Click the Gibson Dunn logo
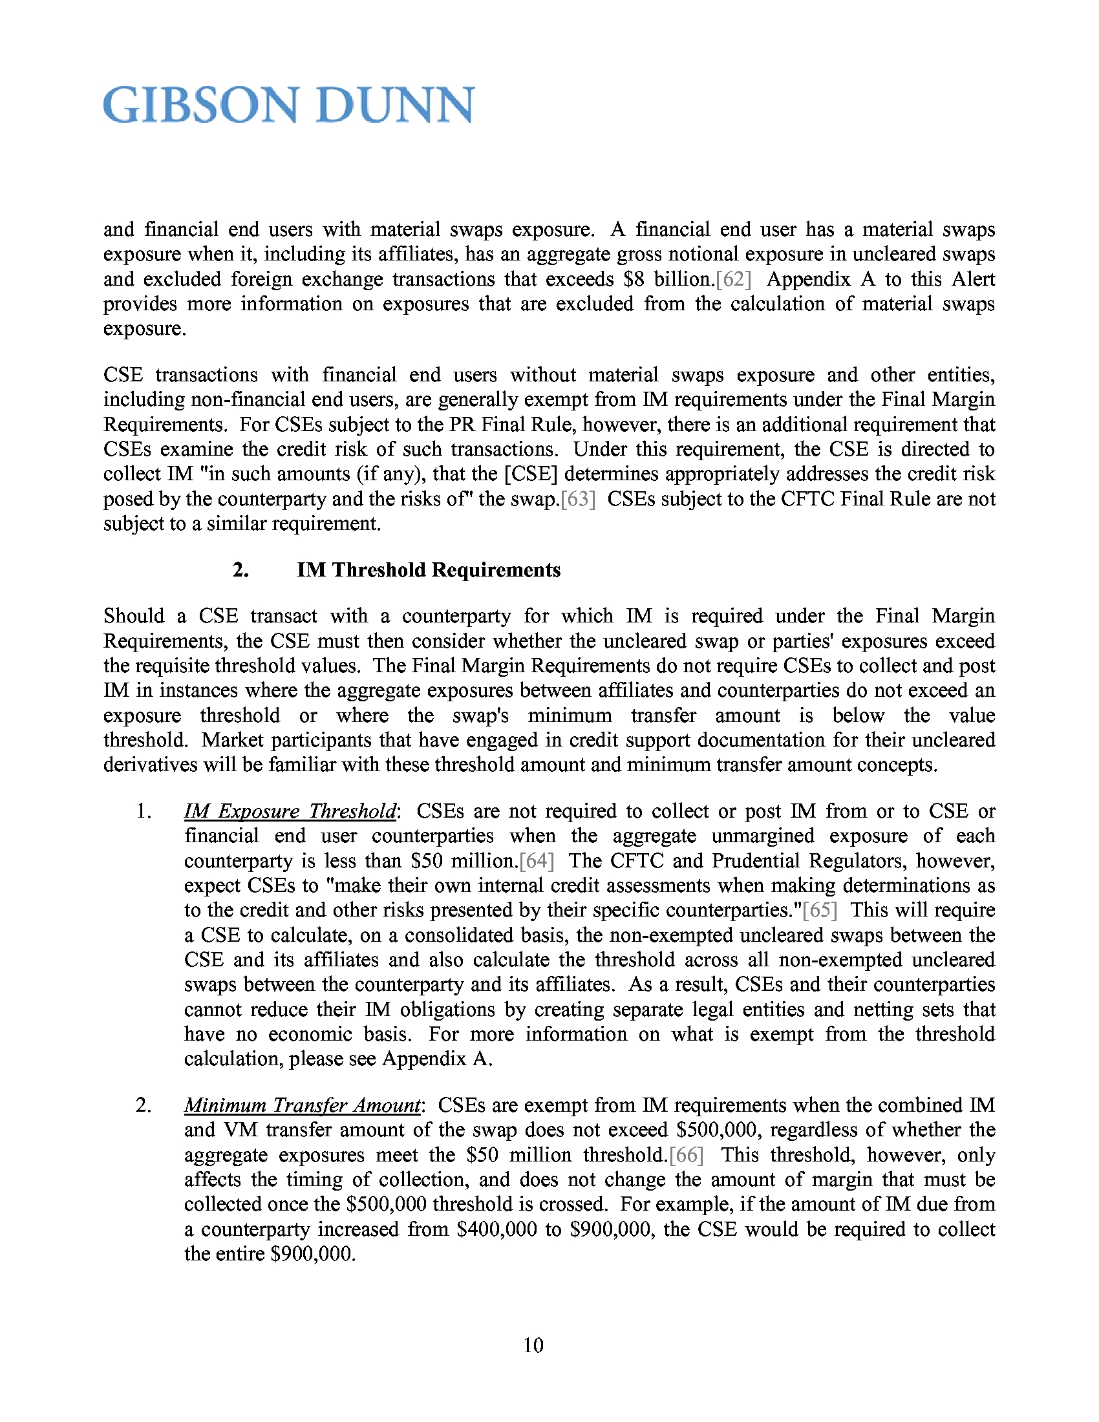[x=288, y=105]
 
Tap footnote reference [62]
[x=733, y=279]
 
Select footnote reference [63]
[x=577, y=500]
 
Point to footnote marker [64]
[x=537, y=861]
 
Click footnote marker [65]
[x=820, y=910]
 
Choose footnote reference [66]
[x=686, y=1155]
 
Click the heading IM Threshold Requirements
[x=429, y=570]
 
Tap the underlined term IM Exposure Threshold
[x=290, y=811]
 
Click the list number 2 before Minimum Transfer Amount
[x=143, y=1105]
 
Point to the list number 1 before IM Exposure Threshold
[x=143, y=811]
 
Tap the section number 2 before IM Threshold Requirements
[x=240, y=570]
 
